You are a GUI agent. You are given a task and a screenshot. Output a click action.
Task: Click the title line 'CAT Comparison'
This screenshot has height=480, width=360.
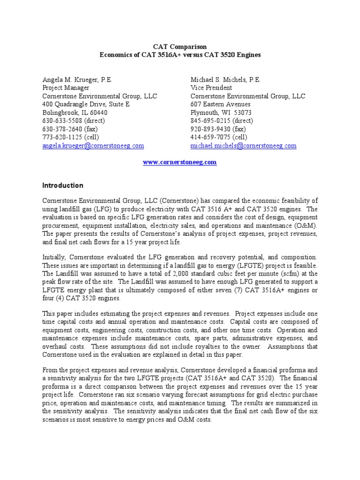point(180,47)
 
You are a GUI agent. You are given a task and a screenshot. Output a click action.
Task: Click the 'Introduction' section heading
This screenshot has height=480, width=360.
point(63,185)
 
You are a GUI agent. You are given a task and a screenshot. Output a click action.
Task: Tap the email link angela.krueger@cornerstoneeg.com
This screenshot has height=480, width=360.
point(93,146)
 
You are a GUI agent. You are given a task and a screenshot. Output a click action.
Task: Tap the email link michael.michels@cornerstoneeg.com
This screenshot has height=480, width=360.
point(243,146)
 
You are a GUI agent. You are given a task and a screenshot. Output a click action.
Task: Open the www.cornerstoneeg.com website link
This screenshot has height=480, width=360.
point(180,162)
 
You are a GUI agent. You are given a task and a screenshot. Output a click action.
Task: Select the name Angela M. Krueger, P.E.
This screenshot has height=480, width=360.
point(77,80)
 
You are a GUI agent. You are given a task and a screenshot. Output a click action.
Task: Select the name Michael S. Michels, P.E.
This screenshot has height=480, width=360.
point(226,80)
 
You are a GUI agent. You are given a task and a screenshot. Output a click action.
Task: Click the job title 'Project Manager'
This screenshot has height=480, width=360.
point(66,88)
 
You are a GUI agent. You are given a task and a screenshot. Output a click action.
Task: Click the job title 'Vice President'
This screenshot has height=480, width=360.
point(211,88)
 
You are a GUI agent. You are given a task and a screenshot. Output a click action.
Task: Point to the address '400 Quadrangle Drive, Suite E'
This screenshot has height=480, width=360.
point(86,104)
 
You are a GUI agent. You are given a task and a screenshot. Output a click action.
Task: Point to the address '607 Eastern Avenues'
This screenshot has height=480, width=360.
point(220,104)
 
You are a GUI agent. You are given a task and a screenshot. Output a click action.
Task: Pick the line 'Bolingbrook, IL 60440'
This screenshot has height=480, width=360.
point(75,112)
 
